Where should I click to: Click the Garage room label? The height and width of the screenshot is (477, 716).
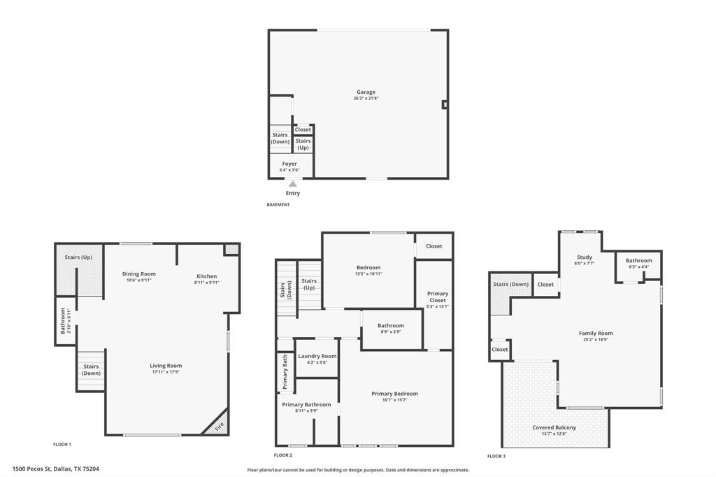[x=366, y=92]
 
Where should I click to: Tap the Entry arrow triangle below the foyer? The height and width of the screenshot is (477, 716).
[x=293, y=184]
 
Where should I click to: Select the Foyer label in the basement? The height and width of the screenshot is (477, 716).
[x=289, y=164]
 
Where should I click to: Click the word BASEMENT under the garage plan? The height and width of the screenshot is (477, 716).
[x=278, y=205]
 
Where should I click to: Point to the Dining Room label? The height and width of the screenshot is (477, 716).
[x=139, y=274]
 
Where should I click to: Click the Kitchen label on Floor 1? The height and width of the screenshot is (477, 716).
[x=207, y=276]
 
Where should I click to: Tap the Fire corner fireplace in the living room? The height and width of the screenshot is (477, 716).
[x=218, y=425]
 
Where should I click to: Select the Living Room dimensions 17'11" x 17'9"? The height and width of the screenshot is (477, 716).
[x=166, y=372]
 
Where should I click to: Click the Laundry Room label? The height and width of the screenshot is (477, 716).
[x=317, y=356]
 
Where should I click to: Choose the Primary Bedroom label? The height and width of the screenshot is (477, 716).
[x=395, y=394]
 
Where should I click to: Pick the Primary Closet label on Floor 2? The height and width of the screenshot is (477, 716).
[x=438, y=297]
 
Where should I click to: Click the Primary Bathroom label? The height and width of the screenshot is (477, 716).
[x=306, y=404]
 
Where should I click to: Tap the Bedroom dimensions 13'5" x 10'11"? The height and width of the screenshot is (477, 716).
[x=368, y=274]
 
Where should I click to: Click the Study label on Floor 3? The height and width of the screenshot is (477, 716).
[x=585, y=257]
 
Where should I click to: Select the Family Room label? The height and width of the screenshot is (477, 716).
[x=596, y=334]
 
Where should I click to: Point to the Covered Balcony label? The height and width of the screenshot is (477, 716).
[x=554, y=427]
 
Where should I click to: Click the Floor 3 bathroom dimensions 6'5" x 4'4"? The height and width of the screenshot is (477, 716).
[x=639, y=267]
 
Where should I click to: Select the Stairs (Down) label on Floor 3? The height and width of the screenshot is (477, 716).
[x=510, y=285]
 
